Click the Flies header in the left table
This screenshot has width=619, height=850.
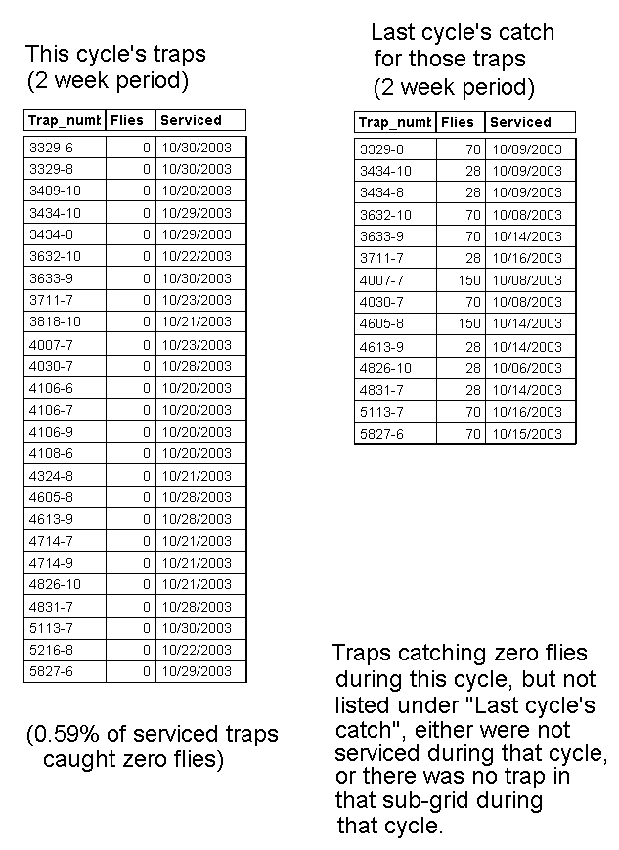(x=127, y=120)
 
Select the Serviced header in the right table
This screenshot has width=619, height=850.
(x=520, y=122)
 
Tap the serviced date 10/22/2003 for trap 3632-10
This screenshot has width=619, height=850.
(x=196, y=256)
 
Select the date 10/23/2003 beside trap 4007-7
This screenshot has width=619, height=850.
(x=196, y=344)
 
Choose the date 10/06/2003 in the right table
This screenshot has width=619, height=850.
(x=526, y=367)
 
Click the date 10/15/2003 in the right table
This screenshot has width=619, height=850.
(x=526, y=433)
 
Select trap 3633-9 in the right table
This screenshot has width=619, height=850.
(x=381, y=235)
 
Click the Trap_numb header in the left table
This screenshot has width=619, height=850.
(x=65, y=120)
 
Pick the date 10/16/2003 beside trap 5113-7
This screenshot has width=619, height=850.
(x=526, y=411)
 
